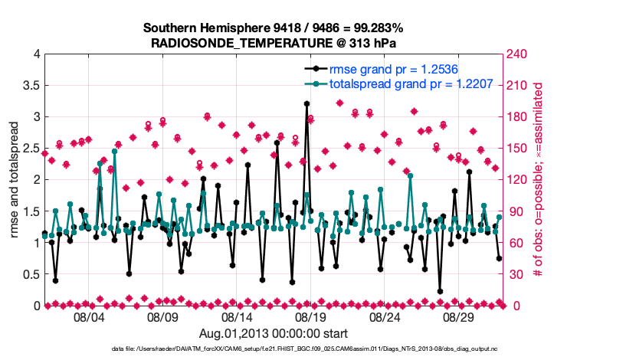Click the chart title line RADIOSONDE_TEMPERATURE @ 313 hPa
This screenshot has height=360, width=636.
tap(273, 42)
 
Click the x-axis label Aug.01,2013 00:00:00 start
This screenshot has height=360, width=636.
tap(274, 333)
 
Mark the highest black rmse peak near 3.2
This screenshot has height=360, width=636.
tap(307, 103)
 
